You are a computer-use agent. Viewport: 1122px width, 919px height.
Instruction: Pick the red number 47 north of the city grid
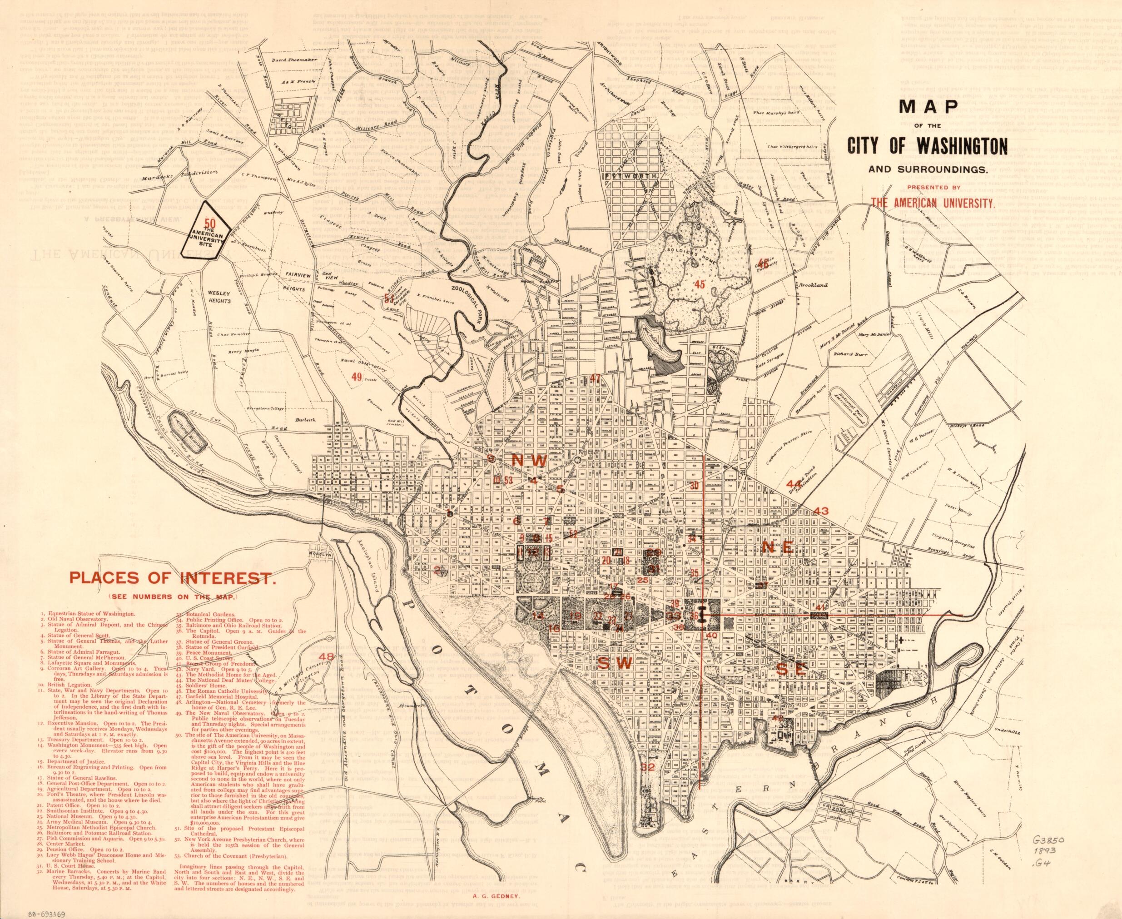(596, 378)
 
